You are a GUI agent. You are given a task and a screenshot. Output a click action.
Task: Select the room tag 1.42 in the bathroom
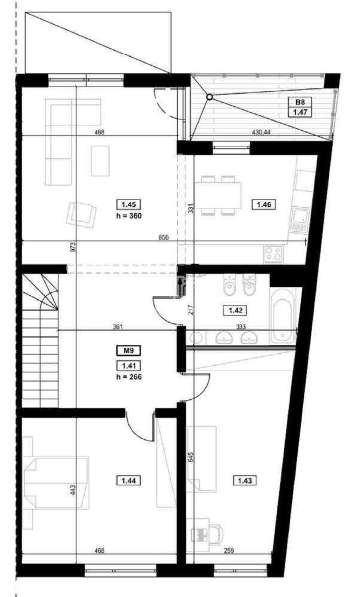click(231, 310)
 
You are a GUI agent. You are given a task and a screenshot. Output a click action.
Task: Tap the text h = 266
click(126, 376)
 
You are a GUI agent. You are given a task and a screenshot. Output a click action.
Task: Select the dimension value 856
click(164, 237)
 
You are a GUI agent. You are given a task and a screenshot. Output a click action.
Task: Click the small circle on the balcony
click(209, 97)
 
